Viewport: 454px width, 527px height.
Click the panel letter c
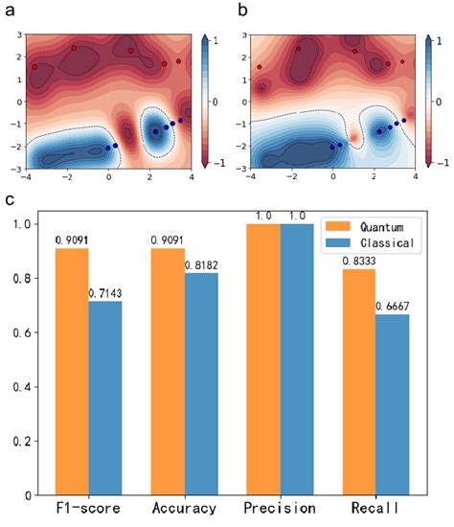coord(10,202)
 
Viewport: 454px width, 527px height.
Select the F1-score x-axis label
coord(89,510)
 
